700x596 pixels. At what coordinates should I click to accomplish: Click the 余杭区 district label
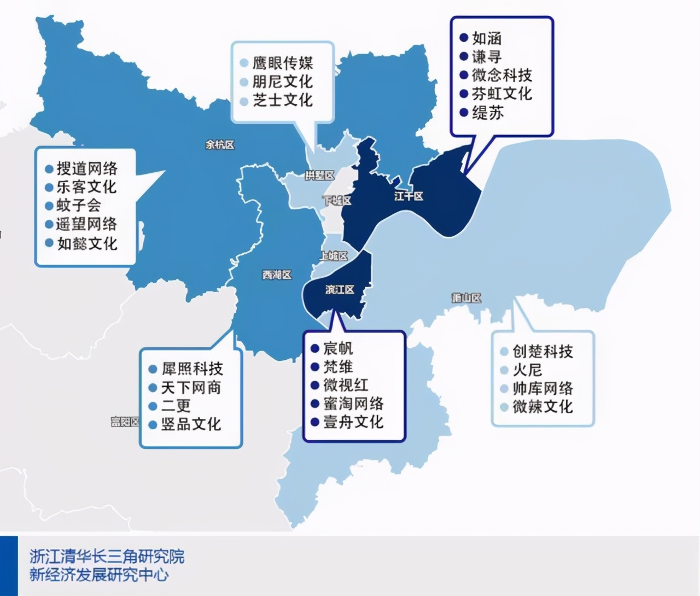click(220, 145)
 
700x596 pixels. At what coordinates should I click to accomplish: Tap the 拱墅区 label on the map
click(319, 176)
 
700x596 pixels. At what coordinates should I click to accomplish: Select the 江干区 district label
click(409, 196)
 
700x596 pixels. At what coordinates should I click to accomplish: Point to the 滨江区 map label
click(340, 289)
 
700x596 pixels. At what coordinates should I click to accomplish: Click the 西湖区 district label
click(277, 274)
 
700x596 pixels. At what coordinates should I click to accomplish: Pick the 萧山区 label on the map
click(466, 298)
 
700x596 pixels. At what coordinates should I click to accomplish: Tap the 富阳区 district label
click(125, 422)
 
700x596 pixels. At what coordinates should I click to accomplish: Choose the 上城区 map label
click(334, 255)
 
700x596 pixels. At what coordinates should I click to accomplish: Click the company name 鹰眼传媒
click(282, 63)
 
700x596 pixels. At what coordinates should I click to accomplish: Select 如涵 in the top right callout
click(487, 38)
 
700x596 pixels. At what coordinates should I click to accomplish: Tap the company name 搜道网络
click(87, 168)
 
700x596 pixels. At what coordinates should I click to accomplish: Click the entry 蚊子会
click(79, 206)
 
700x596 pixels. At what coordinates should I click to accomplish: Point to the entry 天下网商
click(191, 388)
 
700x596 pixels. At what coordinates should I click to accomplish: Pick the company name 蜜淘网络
click(353, 404)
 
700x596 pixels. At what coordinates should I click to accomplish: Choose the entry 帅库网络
click(542, 389)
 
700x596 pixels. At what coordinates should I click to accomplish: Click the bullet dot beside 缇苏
click(464, 113)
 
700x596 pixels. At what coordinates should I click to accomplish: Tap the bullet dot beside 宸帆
click(315, 348)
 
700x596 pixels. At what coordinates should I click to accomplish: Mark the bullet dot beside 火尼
click(504, 370)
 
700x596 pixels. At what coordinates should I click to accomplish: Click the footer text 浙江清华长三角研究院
click(107, 557)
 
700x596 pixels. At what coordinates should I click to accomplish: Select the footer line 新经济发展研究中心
click(100, 575)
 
